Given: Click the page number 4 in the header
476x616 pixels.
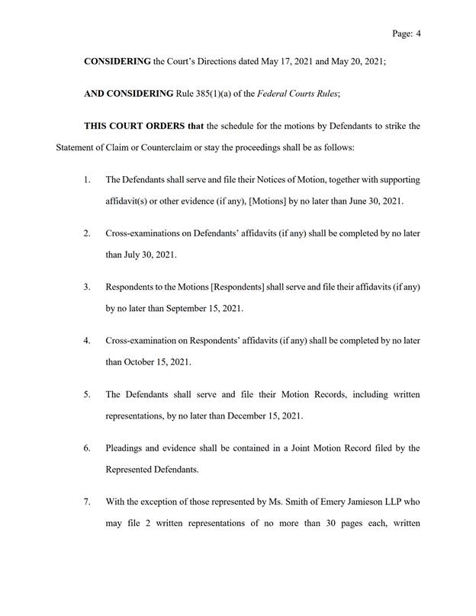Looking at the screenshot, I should coord(419,34).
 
